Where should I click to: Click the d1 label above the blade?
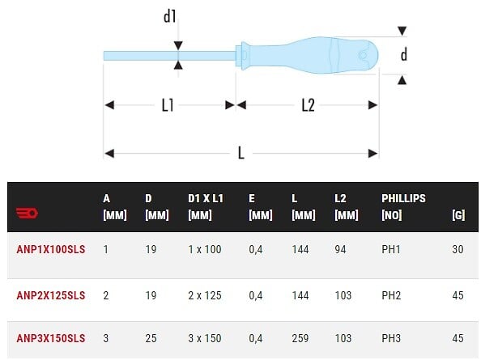click(169, 16)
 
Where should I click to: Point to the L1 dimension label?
click(168, 105)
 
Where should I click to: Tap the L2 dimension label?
click(308, 105)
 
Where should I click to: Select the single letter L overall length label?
click(241, 153)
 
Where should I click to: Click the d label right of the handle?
click(404, 54)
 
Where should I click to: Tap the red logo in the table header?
click(27, 213)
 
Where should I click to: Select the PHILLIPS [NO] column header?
click(403, 206)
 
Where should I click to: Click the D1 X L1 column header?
click(206, 206)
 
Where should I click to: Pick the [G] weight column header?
click(458, 214)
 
